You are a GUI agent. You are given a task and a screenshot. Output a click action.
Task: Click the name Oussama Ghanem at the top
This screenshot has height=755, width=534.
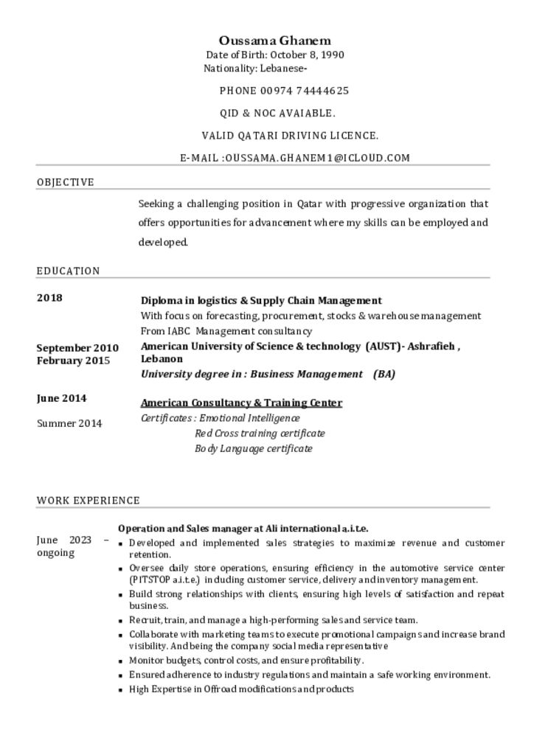click(x=274, y=41)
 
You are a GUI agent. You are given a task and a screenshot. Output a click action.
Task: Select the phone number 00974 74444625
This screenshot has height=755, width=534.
click(x=305, y=91)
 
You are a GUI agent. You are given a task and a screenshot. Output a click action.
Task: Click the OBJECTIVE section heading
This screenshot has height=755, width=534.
click(x=66, y=182)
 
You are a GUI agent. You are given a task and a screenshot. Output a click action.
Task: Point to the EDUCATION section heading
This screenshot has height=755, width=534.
click(x=68, y=271)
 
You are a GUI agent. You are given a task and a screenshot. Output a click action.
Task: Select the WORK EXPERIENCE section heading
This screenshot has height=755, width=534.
click(x=88, y=500)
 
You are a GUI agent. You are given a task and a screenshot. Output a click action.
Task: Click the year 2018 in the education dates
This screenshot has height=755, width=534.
click(x=49, y=298)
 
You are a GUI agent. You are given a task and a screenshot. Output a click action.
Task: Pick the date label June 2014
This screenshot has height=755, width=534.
click(x=61, y=398)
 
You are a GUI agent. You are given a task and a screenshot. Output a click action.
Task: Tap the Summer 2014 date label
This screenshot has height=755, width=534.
click(x=69, y=423)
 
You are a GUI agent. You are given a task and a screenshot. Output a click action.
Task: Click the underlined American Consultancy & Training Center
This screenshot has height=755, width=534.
click(x=241, y=403)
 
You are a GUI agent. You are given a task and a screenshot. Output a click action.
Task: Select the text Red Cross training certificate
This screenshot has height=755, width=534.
click(x=260, y=433)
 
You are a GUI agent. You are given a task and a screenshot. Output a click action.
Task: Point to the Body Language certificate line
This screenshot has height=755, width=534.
click(x=253, y=448)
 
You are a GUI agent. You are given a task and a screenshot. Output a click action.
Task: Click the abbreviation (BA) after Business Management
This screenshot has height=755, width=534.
click(x=384, y=374)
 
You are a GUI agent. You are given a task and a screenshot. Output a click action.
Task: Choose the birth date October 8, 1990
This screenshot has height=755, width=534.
click(x=307, y=55)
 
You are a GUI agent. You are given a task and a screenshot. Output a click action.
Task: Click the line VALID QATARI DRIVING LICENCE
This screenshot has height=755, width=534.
click(x=290, y=135)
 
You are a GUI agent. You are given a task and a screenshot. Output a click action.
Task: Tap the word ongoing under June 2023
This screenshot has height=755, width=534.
click(x=56, y=553)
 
